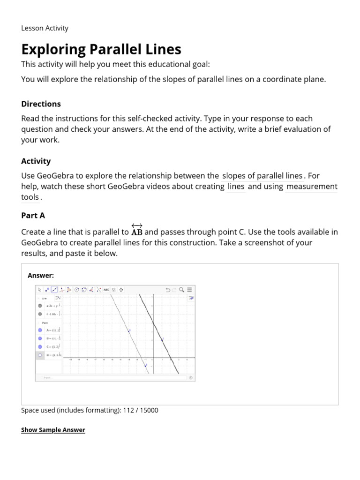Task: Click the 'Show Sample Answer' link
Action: click(53, 430)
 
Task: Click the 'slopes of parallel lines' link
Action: click(262, 176)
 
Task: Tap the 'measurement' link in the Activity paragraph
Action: click(311, 187)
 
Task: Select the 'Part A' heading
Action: click(33, 216)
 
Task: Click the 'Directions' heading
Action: click(41, 104)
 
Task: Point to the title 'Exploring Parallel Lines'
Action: click(101, 49)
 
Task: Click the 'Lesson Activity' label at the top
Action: click(45, 28)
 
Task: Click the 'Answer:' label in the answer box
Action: click(41, 275)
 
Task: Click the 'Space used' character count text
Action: click(90, 410)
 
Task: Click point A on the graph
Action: click(129, 330)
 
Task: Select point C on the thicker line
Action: click(162, 339)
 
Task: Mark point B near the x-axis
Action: click(146, 365)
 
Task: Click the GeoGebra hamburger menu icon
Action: click(189, 290)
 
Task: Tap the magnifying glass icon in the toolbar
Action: click(181, 290)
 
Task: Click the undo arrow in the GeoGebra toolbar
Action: click(167, 290)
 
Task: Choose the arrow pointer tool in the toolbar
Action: click(40, 290)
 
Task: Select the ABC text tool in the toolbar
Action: click(106, 290)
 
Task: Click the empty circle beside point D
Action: click(40, 355)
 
